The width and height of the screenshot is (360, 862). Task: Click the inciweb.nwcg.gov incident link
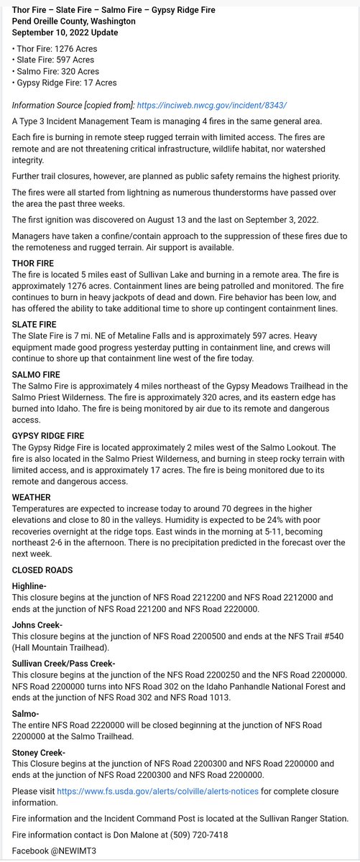(x=218, y=105)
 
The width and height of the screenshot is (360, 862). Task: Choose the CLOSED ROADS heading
(x=42, y=570)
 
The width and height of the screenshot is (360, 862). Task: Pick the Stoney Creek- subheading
(x=39, y=752)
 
